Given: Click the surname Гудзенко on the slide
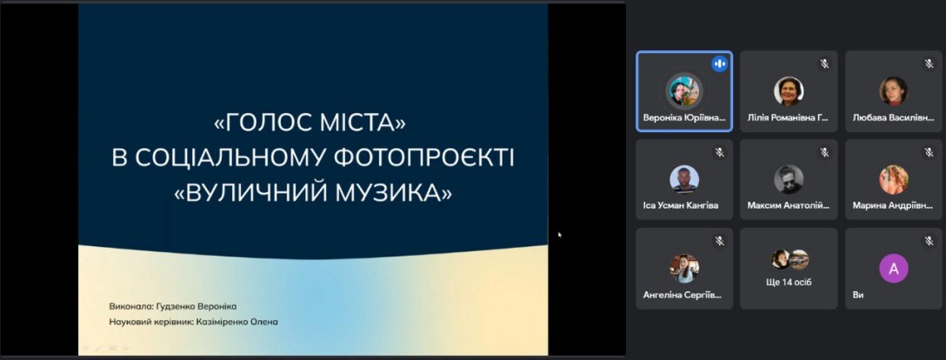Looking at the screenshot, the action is (x=173, y=306).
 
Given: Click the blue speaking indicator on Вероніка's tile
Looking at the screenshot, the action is (x=719, y=64).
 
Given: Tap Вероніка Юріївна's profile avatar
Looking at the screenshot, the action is (x=684, y=91).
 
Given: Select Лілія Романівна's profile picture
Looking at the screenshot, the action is (x=789, y=91).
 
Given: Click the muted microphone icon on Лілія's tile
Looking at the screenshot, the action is (x=824, y=64).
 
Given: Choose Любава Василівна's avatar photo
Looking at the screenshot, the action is (x=894, y=91).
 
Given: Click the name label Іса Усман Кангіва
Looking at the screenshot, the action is (x=681, y=205).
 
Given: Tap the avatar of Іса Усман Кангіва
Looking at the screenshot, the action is (x=684, y=179).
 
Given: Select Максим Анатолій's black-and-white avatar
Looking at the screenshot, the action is (x=789, y=179).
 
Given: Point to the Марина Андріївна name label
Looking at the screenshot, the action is (x=892, y=205).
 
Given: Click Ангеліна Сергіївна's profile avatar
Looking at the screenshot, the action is (x=684, y=269).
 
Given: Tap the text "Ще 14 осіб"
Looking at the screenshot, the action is (x=789, y=282).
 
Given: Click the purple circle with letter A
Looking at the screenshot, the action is (x=894, y=269).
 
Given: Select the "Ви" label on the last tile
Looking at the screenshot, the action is (x=858, y=295).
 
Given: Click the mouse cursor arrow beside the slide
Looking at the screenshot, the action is (x=560, y=235).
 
